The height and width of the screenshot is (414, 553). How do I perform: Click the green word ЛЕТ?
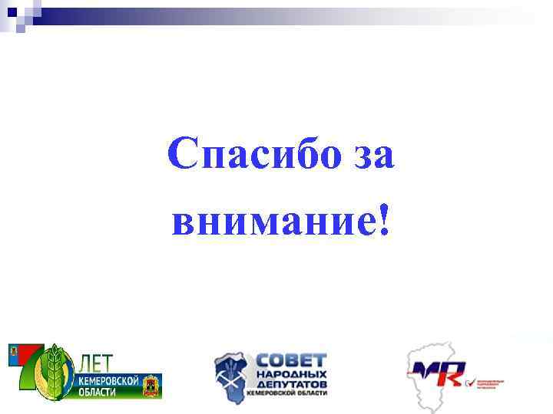click(98, 361)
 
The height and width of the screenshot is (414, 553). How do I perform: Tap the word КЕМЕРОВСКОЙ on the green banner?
click(108, 381)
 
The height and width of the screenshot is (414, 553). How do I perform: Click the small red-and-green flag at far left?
click(17, 354)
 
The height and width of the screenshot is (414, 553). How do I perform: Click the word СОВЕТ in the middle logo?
click(290, 361)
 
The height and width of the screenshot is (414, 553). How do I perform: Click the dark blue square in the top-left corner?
click(12, 11)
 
